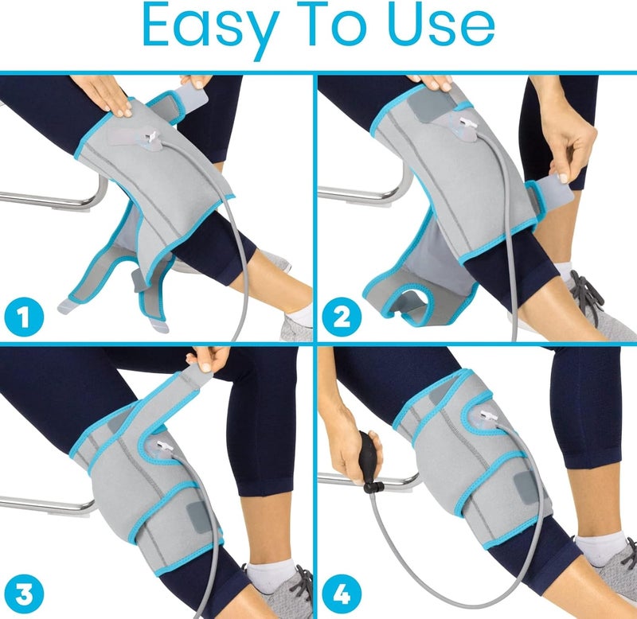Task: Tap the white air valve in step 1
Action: tap(149, 140)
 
